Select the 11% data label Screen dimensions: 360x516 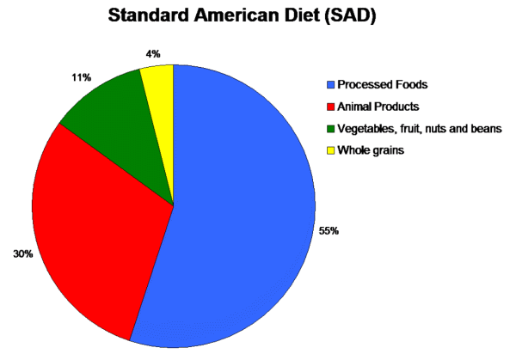pos(83,77)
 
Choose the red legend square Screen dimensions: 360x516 pos(330,107)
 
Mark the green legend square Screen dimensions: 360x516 pos(330,129)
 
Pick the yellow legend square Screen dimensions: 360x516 pos(330,151)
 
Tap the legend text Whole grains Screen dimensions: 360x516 pos(372,151)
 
